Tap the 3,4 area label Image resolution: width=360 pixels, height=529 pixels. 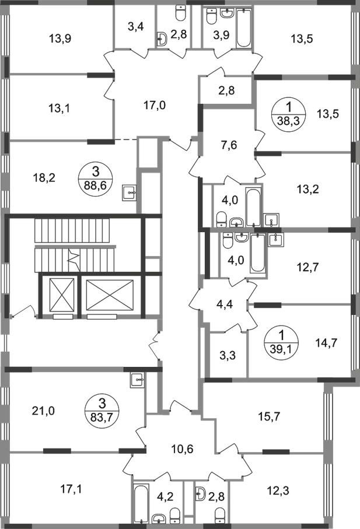point(135,26)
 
